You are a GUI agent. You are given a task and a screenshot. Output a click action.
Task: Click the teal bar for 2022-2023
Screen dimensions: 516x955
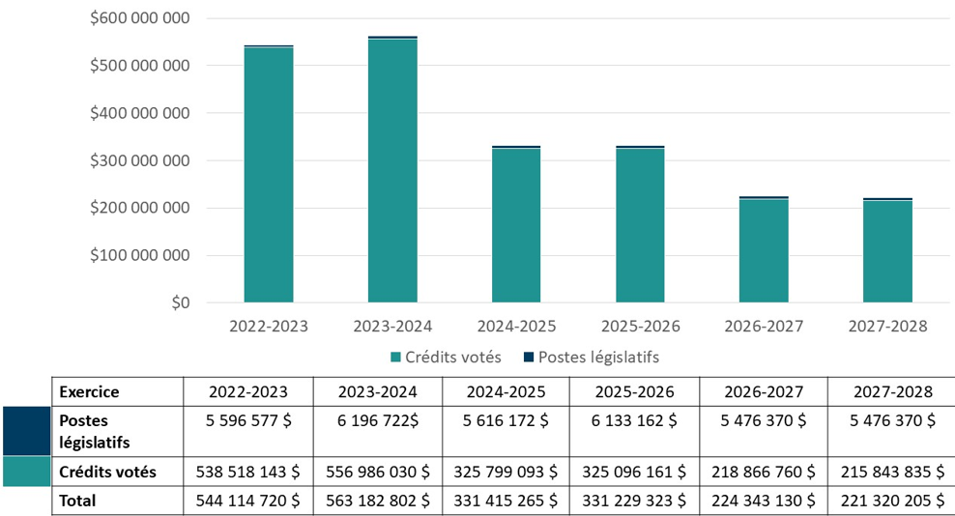click(269, 175)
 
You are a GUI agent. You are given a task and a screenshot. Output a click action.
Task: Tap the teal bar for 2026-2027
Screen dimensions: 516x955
click(764, 251)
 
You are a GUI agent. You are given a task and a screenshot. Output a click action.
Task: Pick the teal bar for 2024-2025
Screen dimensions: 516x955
click(516, 226)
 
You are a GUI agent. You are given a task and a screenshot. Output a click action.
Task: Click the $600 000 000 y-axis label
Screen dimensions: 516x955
click(140, 18)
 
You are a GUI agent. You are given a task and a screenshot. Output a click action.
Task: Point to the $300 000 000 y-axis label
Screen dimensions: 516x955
click(140, 160)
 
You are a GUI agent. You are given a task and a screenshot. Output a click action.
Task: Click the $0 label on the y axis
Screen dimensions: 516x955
click(179, 303)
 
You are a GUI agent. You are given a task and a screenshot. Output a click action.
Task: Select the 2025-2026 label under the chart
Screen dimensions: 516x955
click(640, 327)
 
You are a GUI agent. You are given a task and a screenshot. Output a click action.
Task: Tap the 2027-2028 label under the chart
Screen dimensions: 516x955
click(887, 327)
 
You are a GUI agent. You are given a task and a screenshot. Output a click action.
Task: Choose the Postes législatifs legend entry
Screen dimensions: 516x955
click(590, 358)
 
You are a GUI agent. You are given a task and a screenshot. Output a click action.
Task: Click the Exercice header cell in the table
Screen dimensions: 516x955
click(89, 392)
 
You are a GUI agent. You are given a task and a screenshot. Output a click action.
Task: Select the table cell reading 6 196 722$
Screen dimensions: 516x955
click(378, 421)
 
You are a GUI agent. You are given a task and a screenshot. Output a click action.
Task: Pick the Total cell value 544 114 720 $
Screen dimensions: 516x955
click(248, 501)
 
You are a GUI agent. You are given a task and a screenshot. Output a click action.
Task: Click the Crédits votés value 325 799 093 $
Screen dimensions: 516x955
click(506, 472)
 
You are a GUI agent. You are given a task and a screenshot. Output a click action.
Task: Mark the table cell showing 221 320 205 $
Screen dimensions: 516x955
click(893, 501)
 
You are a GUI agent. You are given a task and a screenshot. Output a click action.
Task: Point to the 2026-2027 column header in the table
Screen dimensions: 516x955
click(764, 392)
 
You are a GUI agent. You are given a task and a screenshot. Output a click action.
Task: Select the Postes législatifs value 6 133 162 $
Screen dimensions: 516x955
click(635, 421)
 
